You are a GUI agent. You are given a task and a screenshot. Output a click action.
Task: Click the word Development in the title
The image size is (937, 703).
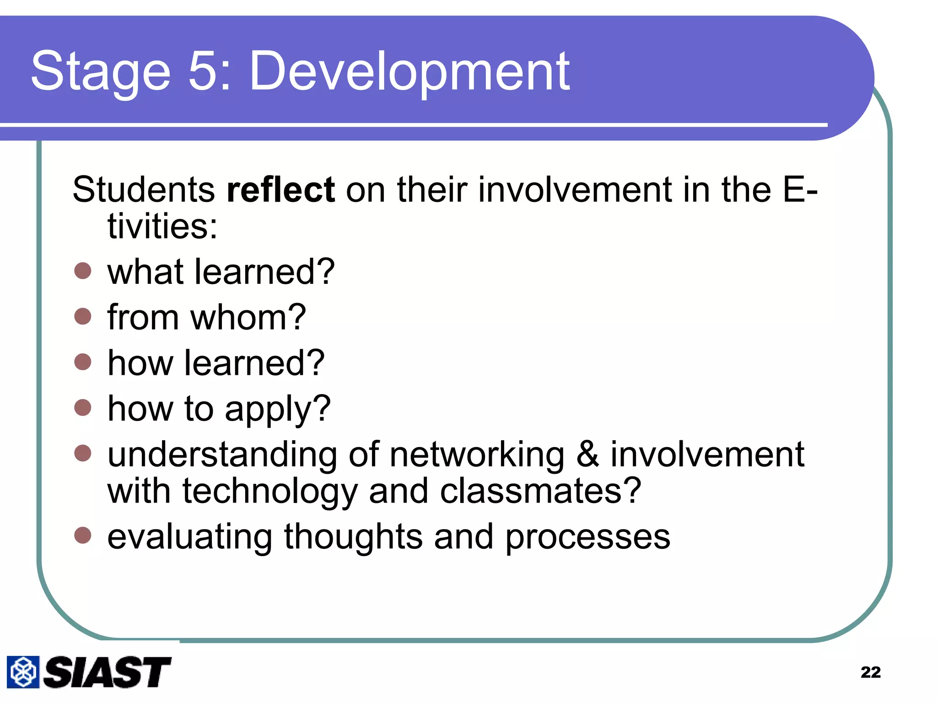(x=409, y=72)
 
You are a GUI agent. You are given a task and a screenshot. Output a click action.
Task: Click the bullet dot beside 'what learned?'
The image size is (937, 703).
(x=83, y=270)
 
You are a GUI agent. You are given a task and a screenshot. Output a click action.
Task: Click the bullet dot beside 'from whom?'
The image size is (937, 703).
(x=83, y=316)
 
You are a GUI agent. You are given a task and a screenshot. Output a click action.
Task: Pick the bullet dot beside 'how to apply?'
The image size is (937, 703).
(x=83, y=407)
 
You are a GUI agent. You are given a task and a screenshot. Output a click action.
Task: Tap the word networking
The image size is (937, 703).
(x=477, y=455)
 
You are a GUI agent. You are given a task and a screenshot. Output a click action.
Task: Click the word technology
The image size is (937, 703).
(x=270, y=492)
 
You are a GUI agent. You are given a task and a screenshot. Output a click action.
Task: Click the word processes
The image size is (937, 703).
(x=587, y=537)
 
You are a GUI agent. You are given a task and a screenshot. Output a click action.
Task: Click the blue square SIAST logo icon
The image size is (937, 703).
(x=23, y=672)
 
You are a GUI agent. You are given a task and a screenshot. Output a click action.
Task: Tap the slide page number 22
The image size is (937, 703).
(x=870, y=672)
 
